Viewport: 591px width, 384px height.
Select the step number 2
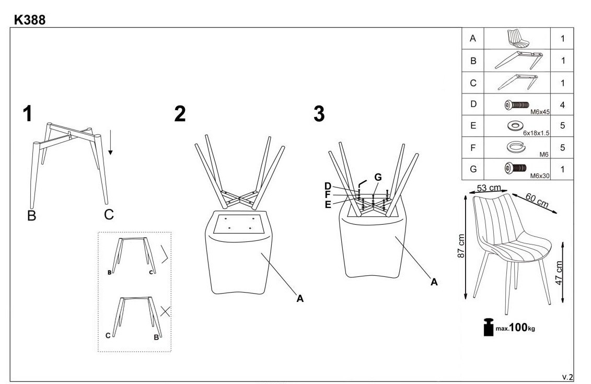click(180, 113)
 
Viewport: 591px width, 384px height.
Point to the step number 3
click(319, 113)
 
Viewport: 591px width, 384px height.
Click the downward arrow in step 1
click(111, 144)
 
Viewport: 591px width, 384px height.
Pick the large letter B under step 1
click(31, 215)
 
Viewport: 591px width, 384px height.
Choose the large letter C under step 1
click(108, 214)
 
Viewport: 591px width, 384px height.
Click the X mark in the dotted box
click(165, 312)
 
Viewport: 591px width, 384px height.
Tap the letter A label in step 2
click(300, 299)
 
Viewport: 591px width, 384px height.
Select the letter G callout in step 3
click(378, 177)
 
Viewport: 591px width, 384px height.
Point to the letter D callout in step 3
click(328, 186)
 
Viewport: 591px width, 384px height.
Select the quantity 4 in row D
click(563, 104)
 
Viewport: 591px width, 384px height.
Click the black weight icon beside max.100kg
click(489, 328)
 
